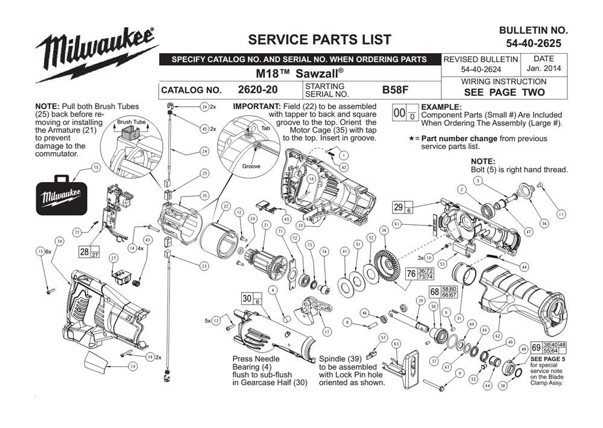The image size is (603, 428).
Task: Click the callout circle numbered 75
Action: (x=95, y=168)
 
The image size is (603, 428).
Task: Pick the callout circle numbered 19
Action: (x=132, y=366)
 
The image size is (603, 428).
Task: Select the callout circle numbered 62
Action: (x=497, y=335)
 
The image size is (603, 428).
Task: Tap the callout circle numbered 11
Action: (x=561, y=214)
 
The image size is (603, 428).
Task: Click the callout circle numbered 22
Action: (x=226, y=206)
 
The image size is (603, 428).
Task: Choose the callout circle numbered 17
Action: (x=327, y=332)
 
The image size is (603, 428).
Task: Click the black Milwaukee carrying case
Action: (x=60, y=197)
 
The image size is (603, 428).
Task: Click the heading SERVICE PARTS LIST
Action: (x=320, y=40)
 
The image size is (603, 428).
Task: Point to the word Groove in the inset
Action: (x=251, y=166)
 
